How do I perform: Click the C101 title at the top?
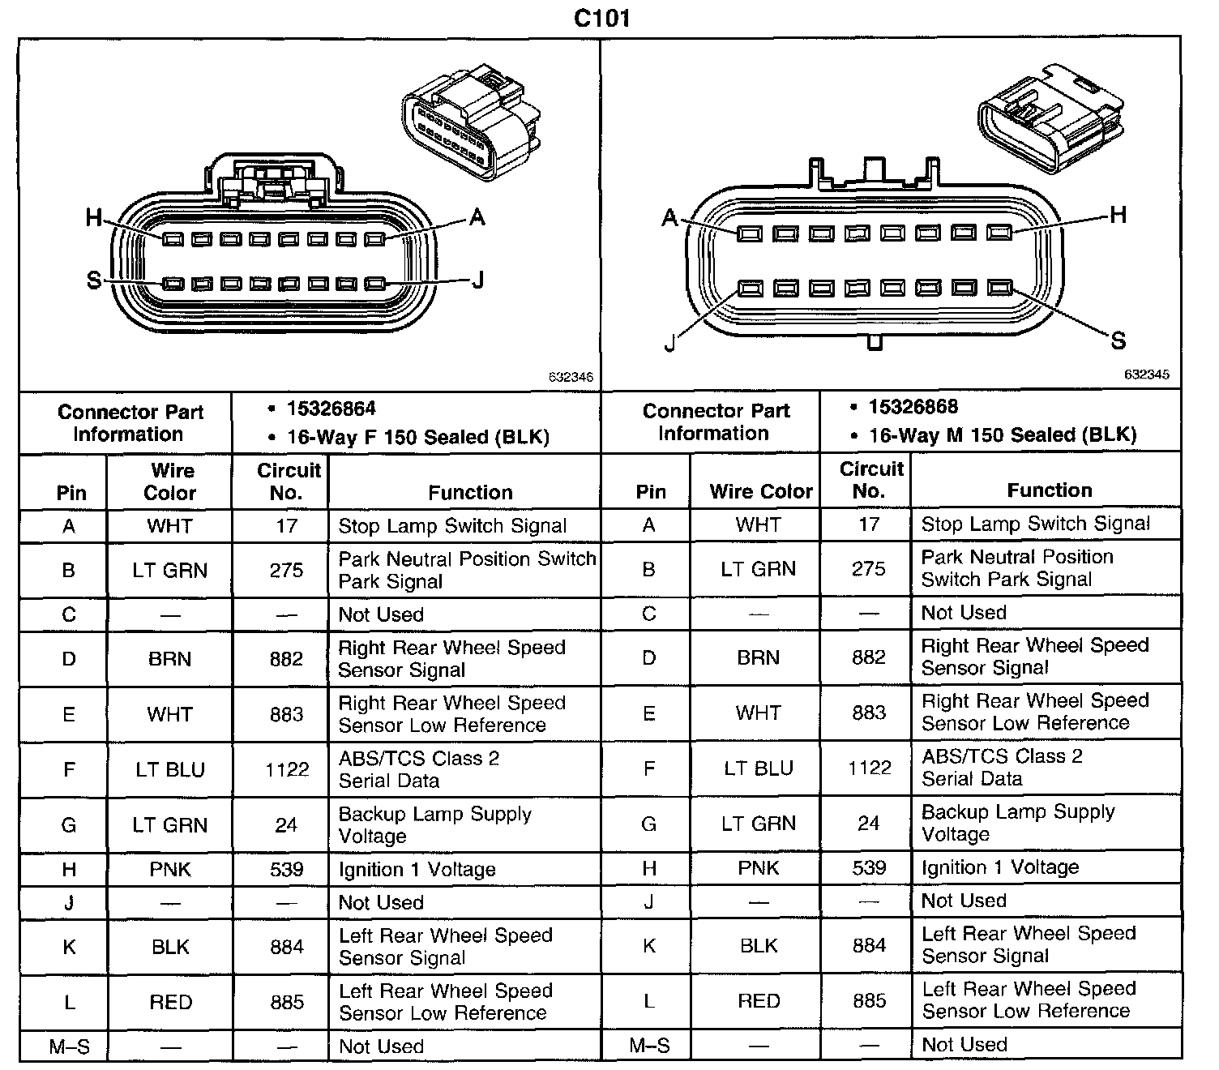coord(601,18)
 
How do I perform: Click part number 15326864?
coord(331,409)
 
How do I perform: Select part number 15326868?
coord(913,407)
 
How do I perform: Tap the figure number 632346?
coord(571,378)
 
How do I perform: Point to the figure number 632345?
coord(1146,374)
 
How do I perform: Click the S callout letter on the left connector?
coord(94,280)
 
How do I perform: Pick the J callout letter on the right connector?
coord(669,344)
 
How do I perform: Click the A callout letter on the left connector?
coord(477,217)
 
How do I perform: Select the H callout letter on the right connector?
coord(1118,215)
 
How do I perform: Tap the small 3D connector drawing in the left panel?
coord(470,122)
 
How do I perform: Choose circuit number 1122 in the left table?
coord(287,769)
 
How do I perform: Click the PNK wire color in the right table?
coord(758,868)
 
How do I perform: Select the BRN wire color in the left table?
coord(169,659)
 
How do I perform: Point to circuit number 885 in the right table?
coord(869,1000)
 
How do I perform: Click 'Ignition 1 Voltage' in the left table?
coord(417,870)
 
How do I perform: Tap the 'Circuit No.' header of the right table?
coord(870,480)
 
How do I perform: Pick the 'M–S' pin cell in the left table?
coord(70,1046)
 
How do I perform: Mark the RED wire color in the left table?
coord(170,1003)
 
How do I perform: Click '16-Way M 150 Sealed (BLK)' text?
coord(1002,435)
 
